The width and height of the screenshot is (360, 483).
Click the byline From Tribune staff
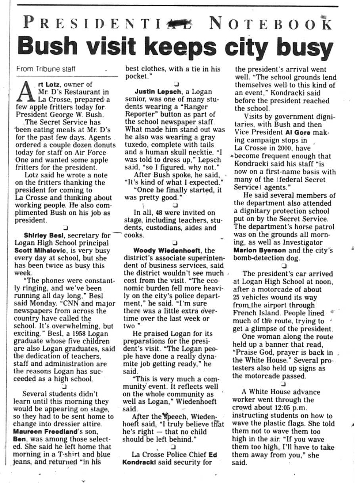pos(46,69)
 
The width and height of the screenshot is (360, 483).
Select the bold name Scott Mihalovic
pos(39,250)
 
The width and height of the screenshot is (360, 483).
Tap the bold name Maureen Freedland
pos(44,431)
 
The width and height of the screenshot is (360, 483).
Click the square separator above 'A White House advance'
pos(283,384)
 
